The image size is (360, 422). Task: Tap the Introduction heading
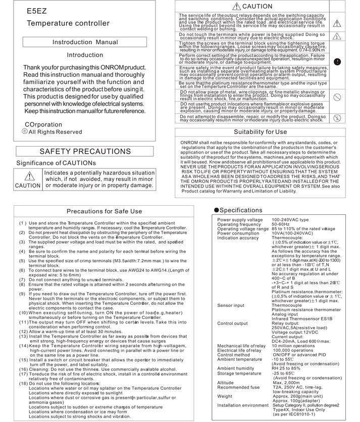(x=85, y=55)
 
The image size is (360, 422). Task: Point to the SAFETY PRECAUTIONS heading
(x=85, y=151)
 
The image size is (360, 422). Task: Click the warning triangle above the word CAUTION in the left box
(x=28, y=176)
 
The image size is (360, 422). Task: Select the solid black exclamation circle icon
(x=337, y=61)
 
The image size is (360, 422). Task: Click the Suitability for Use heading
(x=260, y=132)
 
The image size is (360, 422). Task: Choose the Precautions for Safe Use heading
(x=105, y=211)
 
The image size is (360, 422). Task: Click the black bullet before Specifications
(x=216, y=210)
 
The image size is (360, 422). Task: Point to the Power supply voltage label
(x=240, y=220)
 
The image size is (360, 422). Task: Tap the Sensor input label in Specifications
(x=231, y=306)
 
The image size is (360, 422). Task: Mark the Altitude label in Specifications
(x=226, y=383)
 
